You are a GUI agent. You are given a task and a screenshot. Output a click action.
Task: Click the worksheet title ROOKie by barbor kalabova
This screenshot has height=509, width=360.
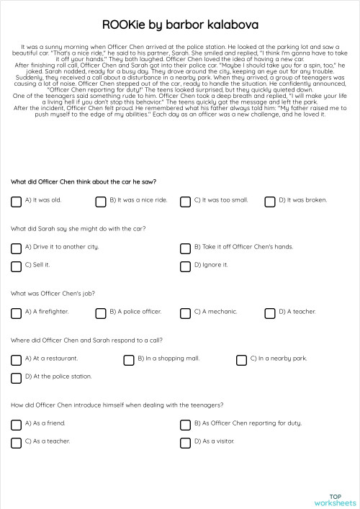[180, 25]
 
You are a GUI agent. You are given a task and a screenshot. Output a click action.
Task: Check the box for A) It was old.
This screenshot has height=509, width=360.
[16, 202]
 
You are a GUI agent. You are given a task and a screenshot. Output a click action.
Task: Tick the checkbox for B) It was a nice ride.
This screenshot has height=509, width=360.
[100, 202]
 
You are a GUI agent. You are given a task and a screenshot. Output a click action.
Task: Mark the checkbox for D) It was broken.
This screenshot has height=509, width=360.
[270, 202]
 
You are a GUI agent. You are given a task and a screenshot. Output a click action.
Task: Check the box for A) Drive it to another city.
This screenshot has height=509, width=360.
[16, 248]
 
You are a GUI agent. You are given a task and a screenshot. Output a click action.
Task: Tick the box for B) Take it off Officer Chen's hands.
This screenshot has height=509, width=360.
[185, 248]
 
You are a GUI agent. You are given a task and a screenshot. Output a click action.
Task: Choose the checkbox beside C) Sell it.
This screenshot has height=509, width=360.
[16, 266]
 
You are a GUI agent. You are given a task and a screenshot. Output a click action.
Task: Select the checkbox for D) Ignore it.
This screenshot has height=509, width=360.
[185, 266]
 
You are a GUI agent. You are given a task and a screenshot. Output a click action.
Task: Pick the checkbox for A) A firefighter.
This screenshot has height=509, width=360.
[16, 313]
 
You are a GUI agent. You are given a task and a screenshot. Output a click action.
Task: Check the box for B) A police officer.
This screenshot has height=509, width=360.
[100, 313]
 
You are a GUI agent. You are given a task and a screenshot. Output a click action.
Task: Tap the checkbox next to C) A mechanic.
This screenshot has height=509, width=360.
[185, 313]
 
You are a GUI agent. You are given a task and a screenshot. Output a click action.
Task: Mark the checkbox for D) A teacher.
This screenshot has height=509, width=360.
[270, 313]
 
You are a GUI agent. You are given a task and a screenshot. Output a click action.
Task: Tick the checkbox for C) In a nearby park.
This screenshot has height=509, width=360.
[241, 360]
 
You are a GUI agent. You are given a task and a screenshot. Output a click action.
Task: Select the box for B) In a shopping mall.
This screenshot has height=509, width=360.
[129, 360]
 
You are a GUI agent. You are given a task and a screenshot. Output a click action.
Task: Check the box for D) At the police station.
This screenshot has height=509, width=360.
[16, 378]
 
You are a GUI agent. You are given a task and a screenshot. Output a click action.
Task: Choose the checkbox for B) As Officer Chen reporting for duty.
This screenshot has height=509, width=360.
[185, 425]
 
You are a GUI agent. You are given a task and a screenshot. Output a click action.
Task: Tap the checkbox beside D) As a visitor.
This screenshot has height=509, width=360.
[185, 443]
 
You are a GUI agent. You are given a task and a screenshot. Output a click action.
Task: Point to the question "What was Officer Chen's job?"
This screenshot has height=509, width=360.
[53, 294]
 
